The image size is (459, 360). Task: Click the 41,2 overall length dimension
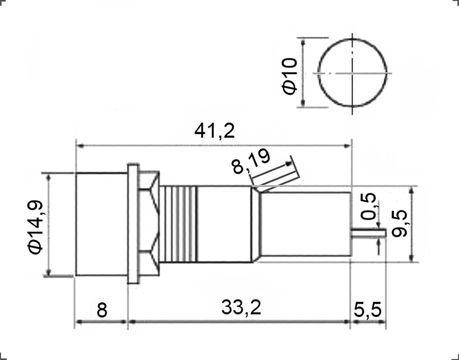click(214, 131)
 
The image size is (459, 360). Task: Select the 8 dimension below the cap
click(102, 310)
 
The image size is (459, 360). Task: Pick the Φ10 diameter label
click(290, 76)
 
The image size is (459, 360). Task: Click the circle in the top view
click(353, 73)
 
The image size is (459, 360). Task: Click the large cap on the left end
click(101, 224)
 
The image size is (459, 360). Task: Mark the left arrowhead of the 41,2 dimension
click(78, 146)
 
